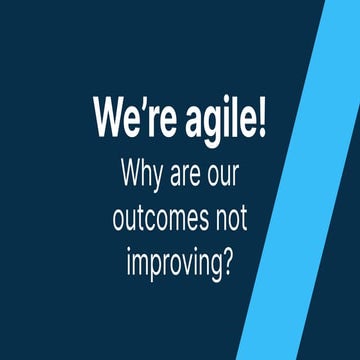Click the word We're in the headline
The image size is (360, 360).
pyautogui.click(x=136, y=118)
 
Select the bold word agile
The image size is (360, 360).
pyautogui.click(x=221, y=119)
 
